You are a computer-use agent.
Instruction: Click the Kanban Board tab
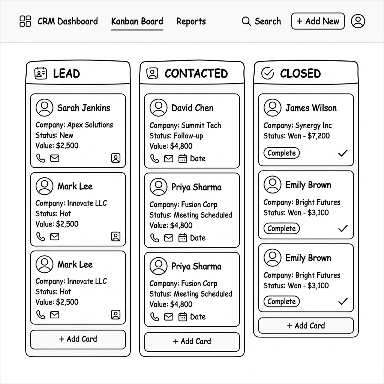[x=137, y=21]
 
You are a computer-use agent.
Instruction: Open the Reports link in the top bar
[x=191, y=21]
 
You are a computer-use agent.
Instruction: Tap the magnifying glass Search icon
[x=246, y=21]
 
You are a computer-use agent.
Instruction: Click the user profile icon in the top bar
[x=358, y=21]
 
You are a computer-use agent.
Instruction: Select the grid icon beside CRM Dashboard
[x=25, y=21]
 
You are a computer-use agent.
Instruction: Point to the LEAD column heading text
[x=66, y=73]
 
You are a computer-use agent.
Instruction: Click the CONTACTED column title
[x=196, y=73]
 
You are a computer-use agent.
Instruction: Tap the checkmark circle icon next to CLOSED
[x=267, y=73]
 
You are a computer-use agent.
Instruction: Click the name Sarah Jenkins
[x=84, y=108]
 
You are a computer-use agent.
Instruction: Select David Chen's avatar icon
[x=158, y=108]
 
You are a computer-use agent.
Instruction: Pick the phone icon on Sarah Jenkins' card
[x=40, y=158]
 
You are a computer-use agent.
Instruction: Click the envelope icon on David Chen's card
[x=169, y=159]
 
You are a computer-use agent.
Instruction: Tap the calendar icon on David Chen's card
[x=183, y=159]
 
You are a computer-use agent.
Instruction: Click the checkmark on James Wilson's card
[x=343, y=153]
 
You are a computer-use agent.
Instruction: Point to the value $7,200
[x=318, y=136]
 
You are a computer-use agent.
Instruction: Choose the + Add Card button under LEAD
[x=78, y=339]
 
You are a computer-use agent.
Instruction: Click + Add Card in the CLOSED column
[x=306, y=325]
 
